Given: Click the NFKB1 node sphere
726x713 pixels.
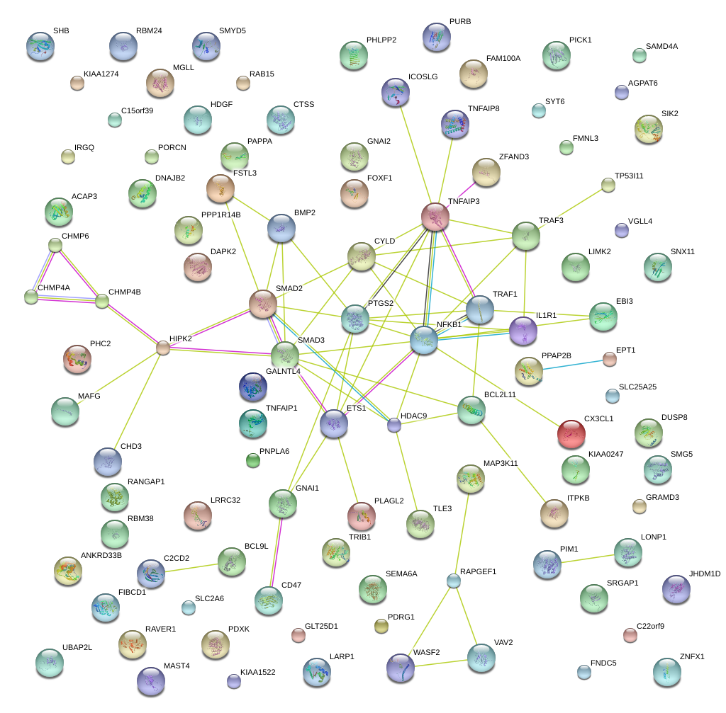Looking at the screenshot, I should click(x=424, y=341).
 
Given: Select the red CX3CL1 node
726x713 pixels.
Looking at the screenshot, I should click(x=571, y=434).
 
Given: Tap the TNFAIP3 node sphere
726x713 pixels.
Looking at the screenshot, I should click(x=435, y=217).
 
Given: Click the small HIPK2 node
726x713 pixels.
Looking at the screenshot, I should click(x=163, y=347).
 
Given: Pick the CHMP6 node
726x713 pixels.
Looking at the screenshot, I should click(x=55, y=246).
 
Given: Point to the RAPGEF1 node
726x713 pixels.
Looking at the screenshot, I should click(x=454, y=581).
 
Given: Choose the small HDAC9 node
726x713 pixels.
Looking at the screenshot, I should click(x=394, y=425).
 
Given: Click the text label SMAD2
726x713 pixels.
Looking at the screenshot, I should click(x=289, y=289).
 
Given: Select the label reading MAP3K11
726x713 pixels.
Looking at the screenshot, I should click(x=501, y=463).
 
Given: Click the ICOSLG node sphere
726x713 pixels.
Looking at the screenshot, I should click(x=396, y=91).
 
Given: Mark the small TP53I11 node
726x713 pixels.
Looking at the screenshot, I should click(x=608, y=185).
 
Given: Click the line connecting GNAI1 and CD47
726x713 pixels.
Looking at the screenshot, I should click(x=275, y=552).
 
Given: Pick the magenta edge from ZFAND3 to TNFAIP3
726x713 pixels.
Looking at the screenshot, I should click(x=462, y=193).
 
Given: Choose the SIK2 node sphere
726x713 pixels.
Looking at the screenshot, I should click(x=648, y=129).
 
